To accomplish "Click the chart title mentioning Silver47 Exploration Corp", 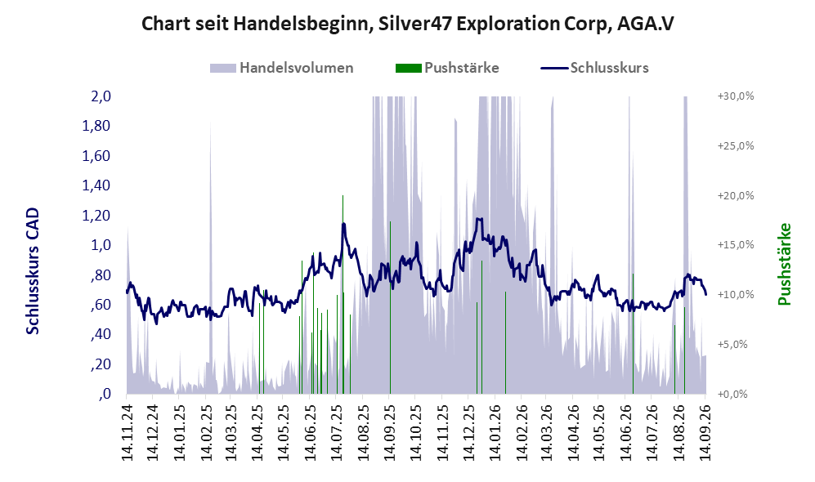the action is tap(407, 24).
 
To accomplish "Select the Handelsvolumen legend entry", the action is tap(282, 68).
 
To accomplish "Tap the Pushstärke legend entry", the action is tap(447, 68).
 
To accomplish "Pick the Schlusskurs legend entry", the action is tap(594, 68).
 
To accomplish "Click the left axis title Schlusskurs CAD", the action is tap(33, 271).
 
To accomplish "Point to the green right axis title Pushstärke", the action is tap(784, 265).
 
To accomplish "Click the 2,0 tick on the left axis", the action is tap(101, 96).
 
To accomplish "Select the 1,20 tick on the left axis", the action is tap(96, 215).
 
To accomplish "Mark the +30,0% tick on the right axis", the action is tap(736, 96).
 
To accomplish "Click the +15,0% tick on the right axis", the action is tap(736, 244).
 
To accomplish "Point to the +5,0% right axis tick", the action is tap(733, 344).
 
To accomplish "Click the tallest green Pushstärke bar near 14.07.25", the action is tap(343, 294).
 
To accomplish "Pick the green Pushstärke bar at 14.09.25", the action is tap(391, 307).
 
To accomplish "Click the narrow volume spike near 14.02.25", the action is tap(211, 257).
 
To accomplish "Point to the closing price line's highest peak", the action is tap(479, 219).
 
